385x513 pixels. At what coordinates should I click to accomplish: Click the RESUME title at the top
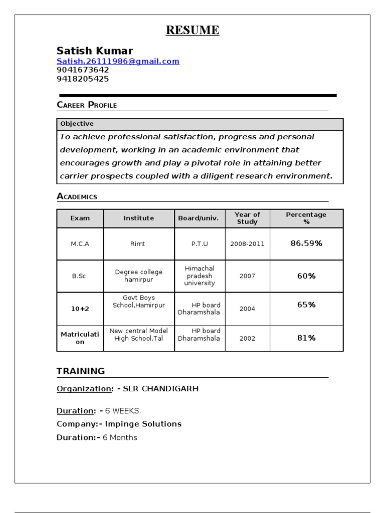(x=192, y=31)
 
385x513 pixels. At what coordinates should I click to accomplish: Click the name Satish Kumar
(x=95, y=51)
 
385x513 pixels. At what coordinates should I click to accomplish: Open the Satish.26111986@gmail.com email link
(x=118, y=62)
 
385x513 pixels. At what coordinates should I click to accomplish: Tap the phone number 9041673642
(x=83, y=70)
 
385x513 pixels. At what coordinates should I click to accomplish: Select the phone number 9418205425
(x=83, y=79)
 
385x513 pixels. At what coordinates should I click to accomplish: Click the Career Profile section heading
(x=87, y=105)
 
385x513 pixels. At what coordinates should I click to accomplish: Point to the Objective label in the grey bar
(x=77, y=124)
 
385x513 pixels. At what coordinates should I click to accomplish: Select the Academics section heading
(x=77, y=196)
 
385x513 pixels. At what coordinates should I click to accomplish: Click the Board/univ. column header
(x=199, y=218)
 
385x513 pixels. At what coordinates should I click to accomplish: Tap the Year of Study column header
(x=247, y=218)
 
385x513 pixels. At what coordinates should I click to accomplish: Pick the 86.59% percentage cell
(x=306, y=243)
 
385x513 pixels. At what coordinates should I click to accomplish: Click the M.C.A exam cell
(x=80, y=244)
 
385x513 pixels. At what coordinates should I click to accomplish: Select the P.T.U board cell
(x=200, y=244)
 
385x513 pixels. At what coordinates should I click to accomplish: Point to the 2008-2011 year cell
(x=247, y=244)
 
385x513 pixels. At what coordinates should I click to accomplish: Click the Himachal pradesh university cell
(x=200, y=276)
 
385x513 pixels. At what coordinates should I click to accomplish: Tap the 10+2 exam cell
(x=80, y=309)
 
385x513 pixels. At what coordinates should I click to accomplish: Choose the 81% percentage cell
(x=306, y=338)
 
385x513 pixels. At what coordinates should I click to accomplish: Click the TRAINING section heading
(x=81, y=371)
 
